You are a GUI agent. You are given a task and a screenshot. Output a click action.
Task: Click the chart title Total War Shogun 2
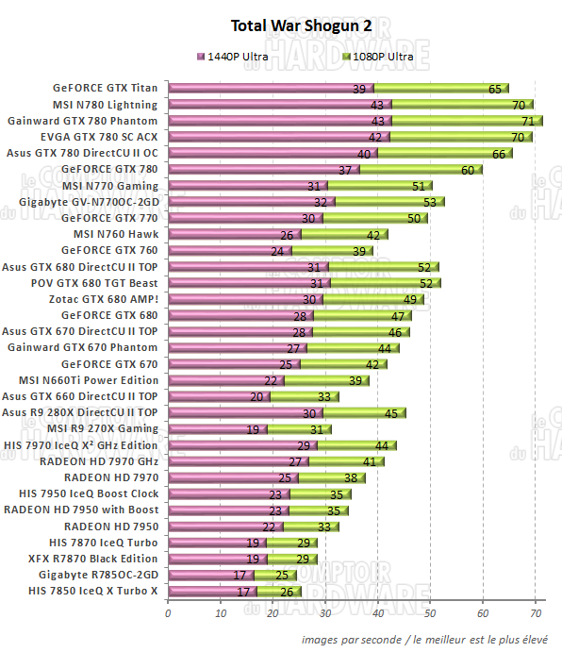point(281,25)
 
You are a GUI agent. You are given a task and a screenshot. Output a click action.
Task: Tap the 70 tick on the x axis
point(536,613)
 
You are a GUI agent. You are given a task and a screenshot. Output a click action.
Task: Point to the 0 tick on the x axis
point(168,613)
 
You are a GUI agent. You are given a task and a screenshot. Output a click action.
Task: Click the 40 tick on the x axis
point(378,613)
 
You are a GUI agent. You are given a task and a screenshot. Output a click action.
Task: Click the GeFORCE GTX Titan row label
point(106,89)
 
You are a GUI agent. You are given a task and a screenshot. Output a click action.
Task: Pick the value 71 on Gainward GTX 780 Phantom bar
point(527,122)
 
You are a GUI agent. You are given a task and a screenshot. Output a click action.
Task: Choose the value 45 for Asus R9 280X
point(389,413)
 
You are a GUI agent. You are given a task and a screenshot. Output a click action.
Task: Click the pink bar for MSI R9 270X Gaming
point(217,429)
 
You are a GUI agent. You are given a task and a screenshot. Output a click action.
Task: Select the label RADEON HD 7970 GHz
point(99,461)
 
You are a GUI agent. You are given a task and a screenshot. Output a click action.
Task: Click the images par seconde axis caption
point(424,639)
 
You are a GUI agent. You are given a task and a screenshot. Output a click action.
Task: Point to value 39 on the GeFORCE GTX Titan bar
point(358,90)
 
